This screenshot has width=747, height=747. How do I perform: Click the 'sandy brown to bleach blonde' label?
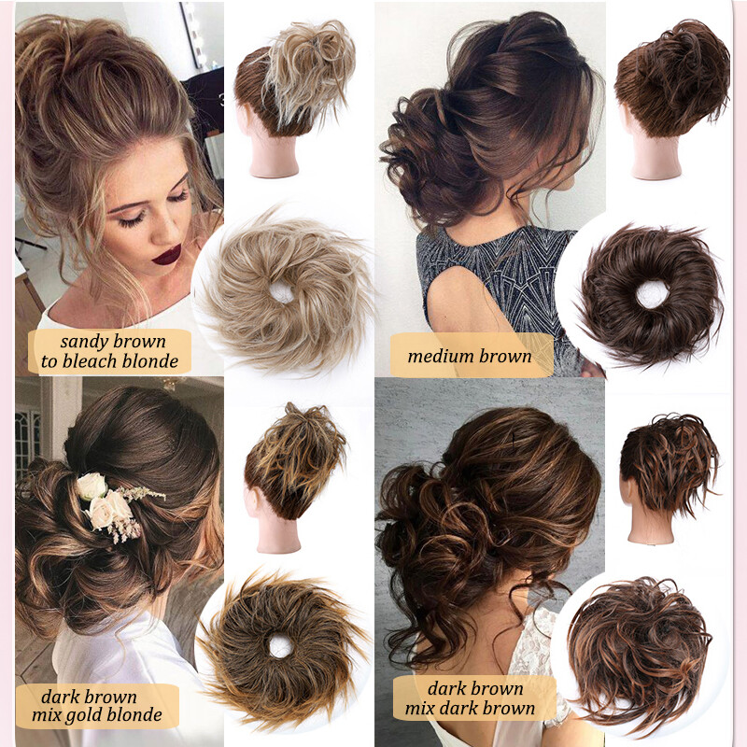[110, 351]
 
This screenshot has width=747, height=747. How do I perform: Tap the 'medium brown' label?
[470, 356]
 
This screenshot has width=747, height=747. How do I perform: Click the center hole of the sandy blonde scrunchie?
[282, 292]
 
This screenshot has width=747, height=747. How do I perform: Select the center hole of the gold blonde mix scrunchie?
[279, 644]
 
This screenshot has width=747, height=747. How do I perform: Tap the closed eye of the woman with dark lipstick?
[134, 218]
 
